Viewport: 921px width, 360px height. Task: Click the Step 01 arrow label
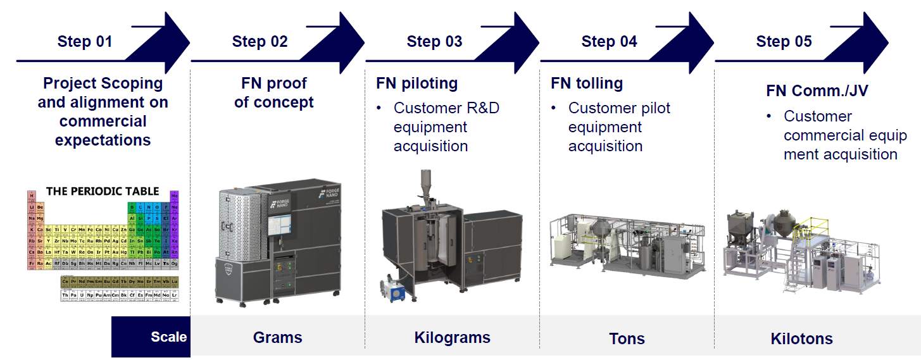(84, 42)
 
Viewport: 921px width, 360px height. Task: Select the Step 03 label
(434, 42)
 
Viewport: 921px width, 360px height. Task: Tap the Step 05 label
(784, 42)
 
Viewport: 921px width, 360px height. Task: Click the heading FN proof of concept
(273, 92)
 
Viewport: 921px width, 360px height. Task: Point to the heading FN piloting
(417, 83)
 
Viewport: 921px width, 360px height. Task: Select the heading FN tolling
(587, 83)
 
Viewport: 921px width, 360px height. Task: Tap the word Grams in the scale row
(277, 337)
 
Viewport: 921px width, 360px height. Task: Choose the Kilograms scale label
(452, 337)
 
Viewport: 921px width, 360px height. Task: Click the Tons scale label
(627, 338)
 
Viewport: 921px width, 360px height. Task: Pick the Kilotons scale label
(801, 338)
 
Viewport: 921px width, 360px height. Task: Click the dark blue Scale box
(151, 337)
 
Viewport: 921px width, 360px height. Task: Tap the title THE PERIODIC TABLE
(103, 191)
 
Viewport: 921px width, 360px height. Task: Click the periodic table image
(103, 247)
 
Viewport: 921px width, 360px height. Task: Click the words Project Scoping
(103, 84)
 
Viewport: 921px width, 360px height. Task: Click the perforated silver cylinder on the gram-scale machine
(235, 221)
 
